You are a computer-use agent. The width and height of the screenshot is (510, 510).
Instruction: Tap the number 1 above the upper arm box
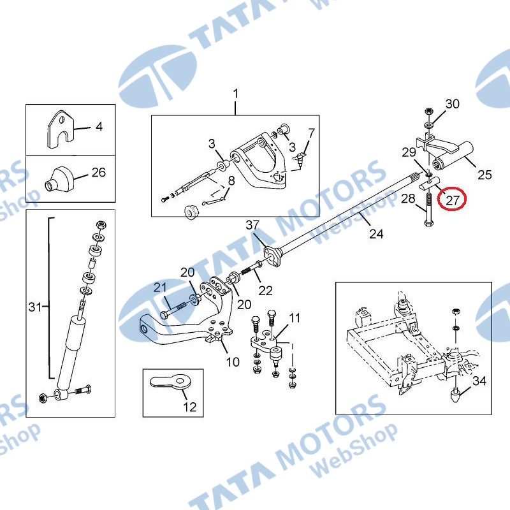235,94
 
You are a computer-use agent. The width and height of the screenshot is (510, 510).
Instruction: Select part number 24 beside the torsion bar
376,233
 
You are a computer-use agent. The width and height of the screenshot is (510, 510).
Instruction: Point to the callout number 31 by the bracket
35,307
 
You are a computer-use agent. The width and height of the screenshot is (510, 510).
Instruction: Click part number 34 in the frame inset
479,381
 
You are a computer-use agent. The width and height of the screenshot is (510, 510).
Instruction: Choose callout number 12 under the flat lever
189,407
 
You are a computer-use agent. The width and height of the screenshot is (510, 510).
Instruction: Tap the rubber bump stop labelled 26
59,180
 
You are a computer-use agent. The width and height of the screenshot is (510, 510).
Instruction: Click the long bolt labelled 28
428,209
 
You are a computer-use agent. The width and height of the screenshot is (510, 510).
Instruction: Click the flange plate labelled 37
272,256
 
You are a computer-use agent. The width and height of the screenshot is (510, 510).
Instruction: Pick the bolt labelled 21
173,310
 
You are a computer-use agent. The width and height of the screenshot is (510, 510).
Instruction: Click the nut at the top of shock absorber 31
101,225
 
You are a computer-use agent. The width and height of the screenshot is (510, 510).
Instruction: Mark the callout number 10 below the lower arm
233,361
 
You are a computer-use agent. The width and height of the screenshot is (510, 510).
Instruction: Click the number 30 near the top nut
452,104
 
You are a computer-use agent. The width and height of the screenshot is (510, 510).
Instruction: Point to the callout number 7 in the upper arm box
312,133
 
